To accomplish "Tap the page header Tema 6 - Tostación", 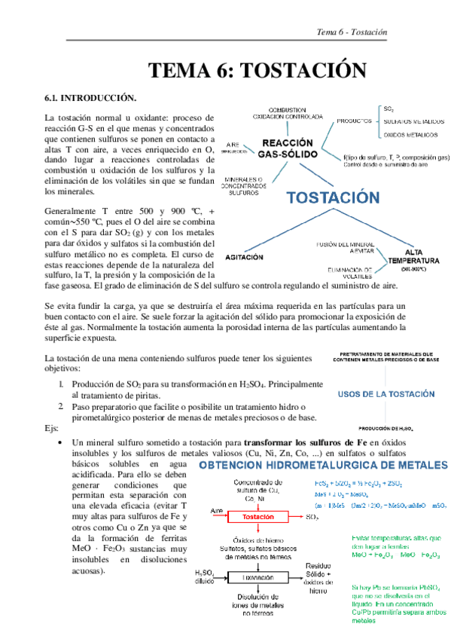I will [x=352, y=32].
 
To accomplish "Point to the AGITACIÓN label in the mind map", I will [x=245, y=257].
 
